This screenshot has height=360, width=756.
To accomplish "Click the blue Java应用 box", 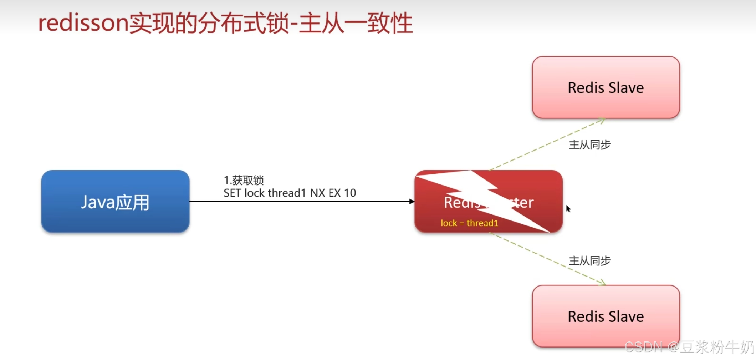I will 115,202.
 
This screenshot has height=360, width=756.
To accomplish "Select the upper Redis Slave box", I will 606,87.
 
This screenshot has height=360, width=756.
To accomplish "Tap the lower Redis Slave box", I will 606,316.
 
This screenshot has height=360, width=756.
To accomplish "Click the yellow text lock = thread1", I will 469,223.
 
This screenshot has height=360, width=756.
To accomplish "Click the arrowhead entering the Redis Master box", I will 412,202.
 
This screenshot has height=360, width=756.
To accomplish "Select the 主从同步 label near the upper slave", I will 589,145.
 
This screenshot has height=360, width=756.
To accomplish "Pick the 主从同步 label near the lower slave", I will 589,261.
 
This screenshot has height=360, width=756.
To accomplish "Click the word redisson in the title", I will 83,23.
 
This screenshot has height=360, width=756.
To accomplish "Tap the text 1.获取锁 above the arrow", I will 244,180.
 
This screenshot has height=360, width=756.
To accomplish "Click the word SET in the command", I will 232,193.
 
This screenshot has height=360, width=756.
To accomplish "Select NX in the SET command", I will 317,193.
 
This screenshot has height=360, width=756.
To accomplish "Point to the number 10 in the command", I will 350,193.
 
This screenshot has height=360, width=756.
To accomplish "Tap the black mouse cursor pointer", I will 568,208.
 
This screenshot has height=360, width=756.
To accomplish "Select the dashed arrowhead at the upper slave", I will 602,121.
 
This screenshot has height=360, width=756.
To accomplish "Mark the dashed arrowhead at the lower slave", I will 602,283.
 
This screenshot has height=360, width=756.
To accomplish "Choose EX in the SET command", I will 334,193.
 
